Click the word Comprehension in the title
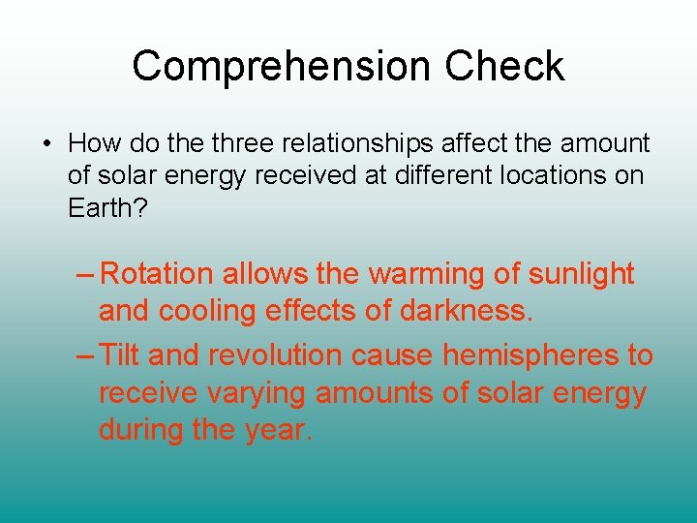coord(282,67)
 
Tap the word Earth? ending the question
coord(107,208)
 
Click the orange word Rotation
coord(157,274)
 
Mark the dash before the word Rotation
coord(85,275)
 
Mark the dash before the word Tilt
coord(85,355)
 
